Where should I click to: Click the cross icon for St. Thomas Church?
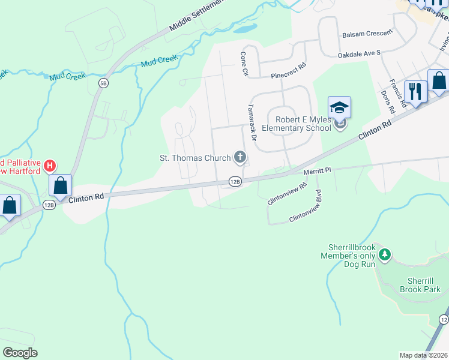(x=240, y=158)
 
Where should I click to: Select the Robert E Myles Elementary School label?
(x=303, y=124)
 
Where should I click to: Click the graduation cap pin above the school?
(x=339, y=109)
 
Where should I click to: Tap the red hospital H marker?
(x=50, y=164)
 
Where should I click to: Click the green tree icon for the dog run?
(x=385, y=256)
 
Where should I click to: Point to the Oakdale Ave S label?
(x=360, y=53)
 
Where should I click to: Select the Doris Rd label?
(x=387, y=103)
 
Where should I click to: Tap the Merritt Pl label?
(x=318, y=171)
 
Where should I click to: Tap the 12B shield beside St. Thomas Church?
(x=235, y=181)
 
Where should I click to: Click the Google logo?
(x=20, y=353)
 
